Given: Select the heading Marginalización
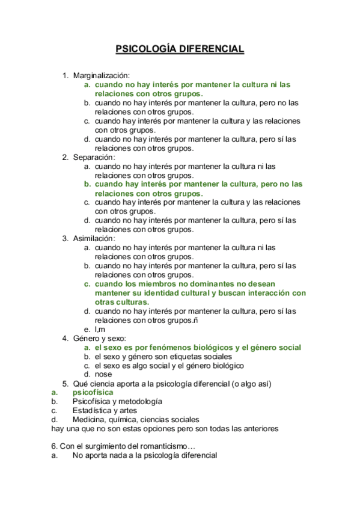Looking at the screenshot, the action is click(x=102, y=76).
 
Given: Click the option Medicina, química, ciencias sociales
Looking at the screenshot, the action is click(x=136, y=419).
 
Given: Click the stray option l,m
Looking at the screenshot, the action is click(x=100, y=330).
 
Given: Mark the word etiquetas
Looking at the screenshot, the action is click(x=178, y=357).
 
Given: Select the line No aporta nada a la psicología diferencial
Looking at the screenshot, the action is click(x=144, y=456).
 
